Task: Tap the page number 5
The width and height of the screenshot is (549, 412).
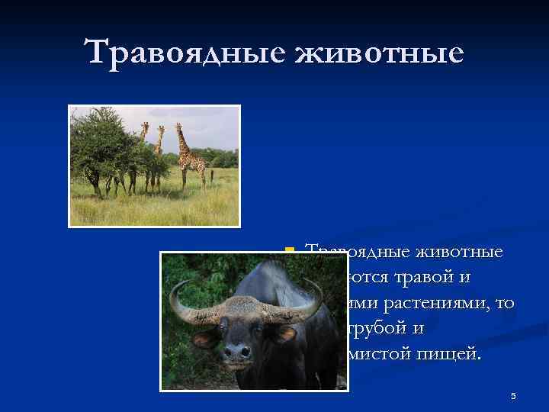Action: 513,395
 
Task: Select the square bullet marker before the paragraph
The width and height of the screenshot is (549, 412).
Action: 288,250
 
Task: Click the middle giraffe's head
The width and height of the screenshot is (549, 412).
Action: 160,130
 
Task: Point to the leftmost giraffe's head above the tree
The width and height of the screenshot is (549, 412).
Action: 145,126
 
